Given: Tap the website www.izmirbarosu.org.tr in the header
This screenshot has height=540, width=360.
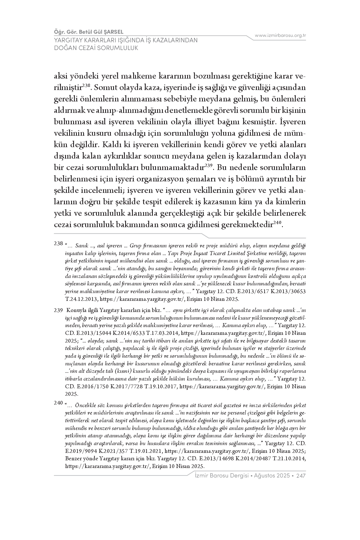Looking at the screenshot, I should pyautogui.click(x=280, y=35).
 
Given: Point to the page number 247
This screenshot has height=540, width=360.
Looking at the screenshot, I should pyautogui.click(x=301, y=476).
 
